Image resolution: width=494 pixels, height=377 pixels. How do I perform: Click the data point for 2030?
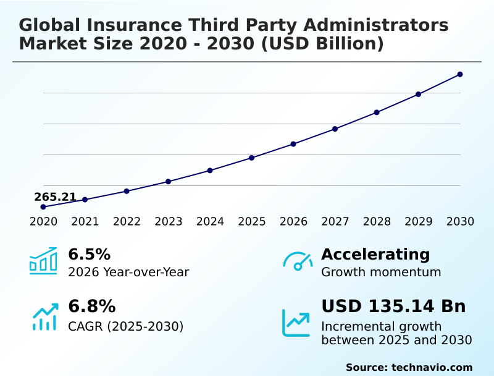(x=460, y=74)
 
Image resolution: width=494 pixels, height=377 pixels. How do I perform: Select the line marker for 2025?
(x=251, y=158)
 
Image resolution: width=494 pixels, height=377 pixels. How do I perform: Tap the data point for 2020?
(x=43, y=206)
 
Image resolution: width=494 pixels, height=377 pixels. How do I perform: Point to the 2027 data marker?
(x=335, y=129)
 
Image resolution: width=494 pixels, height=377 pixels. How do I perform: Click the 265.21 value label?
(x=55, y=197)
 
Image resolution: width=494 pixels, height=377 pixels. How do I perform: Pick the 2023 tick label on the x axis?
(x=168, y=222)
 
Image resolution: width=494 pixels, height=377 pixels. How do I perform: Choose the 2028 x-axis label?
(x=377, y=222)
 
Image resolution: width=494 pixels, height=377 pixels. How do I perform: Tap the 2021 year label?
(x=85, y=222)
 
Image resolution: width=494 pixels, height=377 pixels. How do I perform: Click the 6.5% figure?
(x=89, y=255)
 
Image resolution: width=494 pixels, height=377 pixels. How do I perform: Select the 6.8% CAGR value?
(x=91, y=307)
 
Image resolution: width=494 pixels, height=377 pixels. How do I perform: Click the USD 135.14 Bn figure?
(x=393, y=307)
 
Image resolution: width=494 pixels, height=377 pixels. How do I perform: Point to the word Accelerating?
(x=375, y=255)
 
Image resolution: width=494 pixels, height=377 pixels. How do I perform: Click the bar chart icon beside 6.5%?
(x=43, y=261)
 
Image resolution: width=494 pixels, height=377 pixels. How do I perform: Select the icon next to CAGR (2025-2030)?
(x=44, y=316)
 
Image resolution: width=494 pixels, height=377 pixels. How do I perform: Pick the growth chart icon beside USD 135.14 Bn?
(x=296, y=323)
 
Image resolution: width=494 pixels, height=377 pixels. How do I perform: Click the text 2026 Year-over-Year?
(x=128, y=272)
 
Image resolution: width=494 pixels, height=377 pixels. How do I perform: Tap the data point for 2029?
(x=418, y=94)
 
